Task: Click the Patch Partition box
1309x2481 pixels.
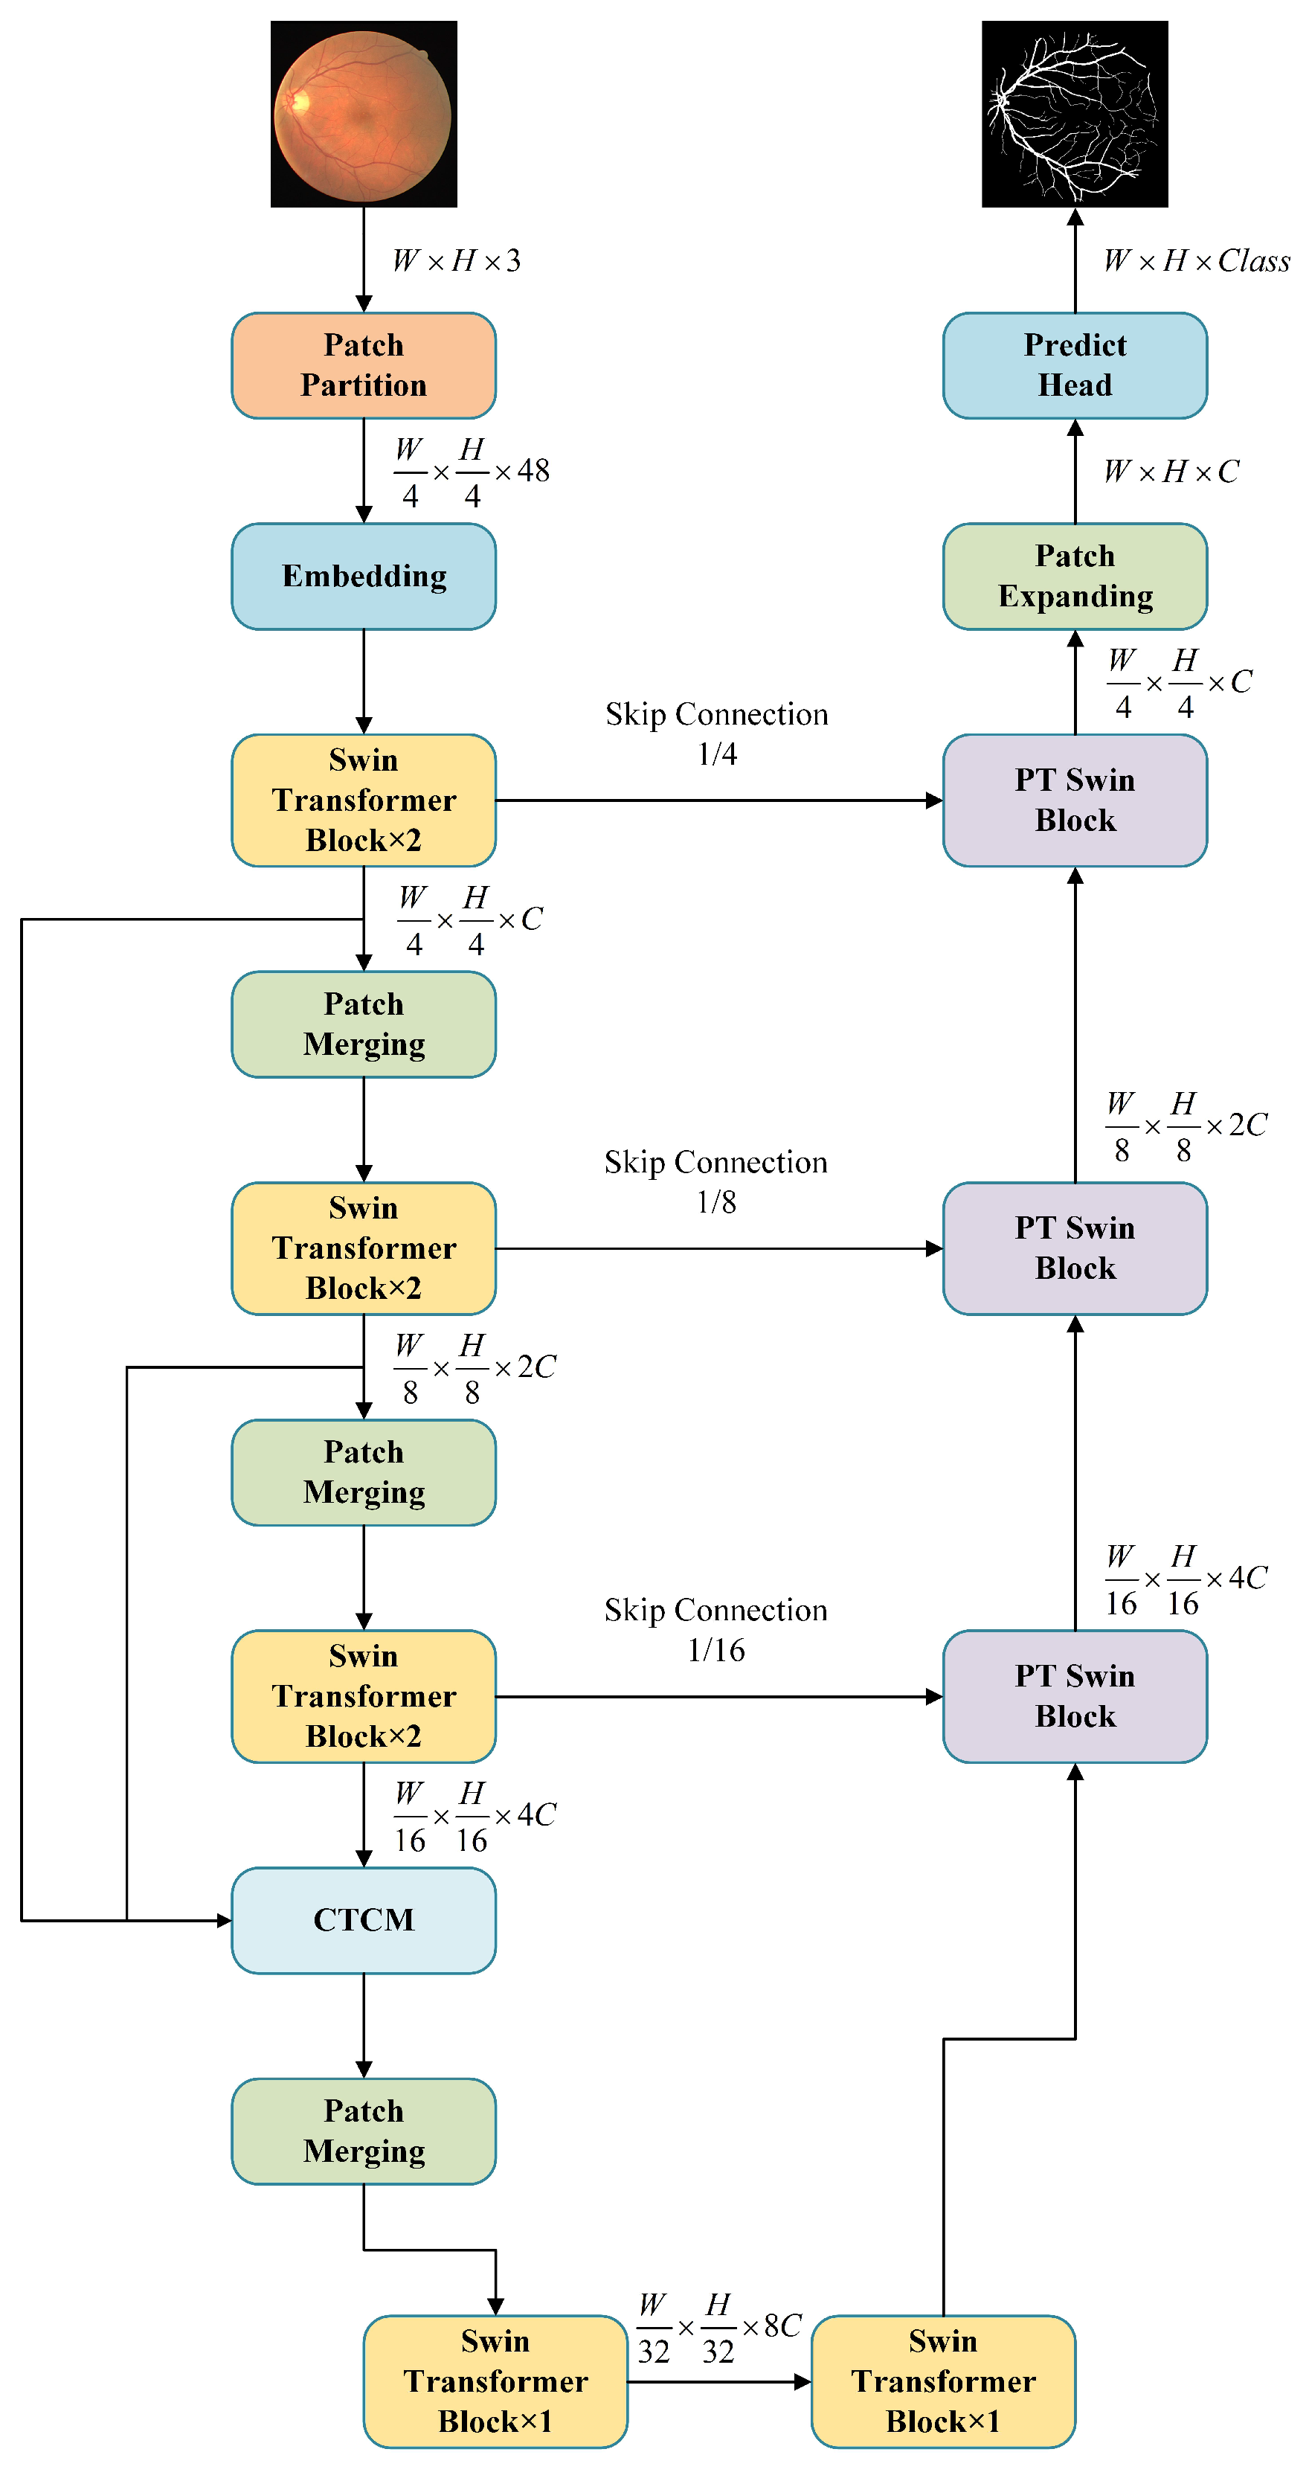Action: click(x=363, y=365)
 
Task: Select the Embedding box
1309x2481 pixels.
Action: click(x=363, y=576)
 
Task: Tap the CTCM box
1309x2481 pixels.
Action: click(x=363, y=1919)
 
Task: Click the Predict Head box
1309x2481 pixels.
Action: click(x=1074, y=365)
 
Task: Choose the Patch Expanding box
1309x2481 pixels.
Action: click(x=1074, y=576)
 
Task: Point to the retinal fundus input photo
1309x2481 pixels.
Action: click(x=363, y=114)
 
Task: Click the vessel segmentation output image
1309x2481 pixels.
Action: click(x=1074, y=114)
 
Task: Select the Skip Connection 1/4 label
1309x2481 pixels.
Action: click(x=717, y=733)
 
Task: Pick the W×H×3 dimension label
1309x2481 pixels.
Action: click(x=457, y=261)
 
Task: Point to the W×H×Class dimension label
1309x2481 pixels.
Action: click(x=1196, y=261)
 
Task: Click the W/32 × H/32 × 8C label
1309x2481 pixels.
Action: click(x=718, y=2328)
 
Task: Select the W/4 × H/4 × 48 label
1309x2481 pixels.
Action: click(x=471, y=472)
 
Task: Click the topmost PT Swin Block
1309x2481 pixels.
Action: click(x=1074, y=800)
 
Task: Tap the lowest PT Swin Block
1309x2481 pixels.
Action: click(x=1074, y=1696)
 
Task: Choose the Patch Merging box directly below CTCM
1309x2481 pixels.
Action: click(x=363, y=2131)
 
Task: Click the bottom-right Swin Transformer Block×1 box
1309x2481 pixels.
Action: click(x=942, y=2381)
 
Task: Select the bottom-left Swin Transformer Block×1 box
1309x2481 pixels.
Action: click(x=495, y=2381)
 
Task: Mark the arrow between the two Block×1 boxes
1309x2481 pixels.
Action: click(x=718, y=2382)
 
